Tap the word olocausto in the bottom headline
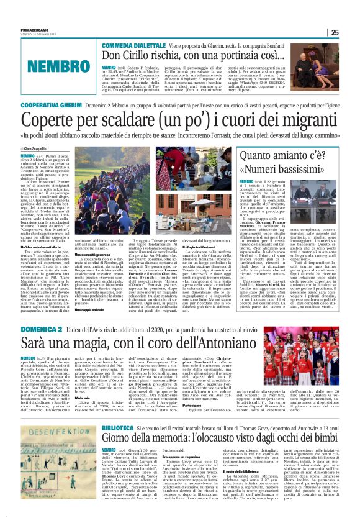238,424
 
